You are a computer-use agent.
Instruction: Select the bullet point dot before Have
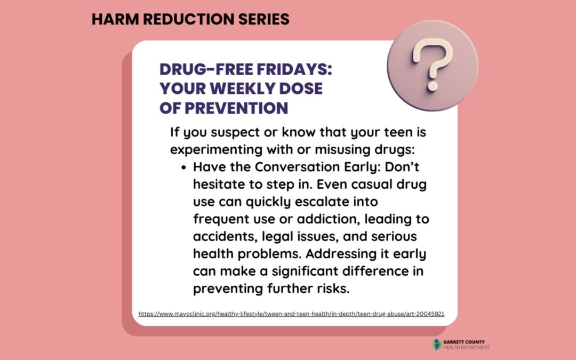click(x=183, y=167)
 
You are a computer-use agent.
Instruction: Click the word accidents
click(x=227, y=236)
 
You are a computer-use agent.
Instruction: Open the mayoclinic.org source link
click(x=291, y=314)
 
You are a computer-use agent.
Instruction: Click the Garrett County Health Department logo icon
click(x=437, y=345)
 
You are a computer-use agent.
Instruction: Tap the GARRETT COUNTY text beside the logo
click(x=463, y=342)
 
